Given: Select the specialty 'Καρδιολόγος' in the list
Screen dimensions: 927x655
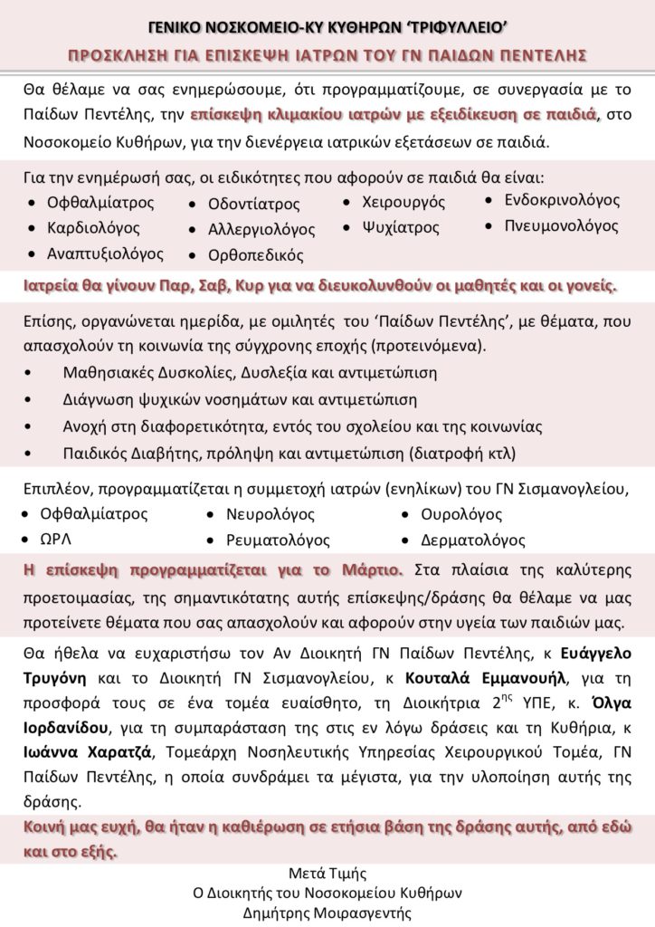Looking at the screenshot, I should tap(93, 227).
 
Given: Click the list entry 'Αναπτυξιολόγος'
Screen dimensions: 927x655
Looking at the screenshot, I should tap(105, 253).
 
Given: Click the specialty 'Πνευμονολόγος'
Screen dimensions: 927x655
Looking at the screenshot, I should tap(562, 225).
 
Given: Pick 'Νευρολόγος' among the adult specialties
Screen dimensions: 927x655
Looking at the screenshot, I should tap(271, 514).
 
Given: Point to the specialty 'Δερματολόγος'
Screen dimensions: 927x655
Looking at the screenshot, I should tap(473, 540).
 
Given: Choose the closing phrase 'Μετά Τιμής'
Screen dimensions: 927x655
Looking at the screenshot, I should tap(327, 873).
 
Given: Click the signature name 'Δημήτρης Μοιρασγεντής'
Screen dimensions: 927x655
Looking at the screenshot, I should tap(327, 913).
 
